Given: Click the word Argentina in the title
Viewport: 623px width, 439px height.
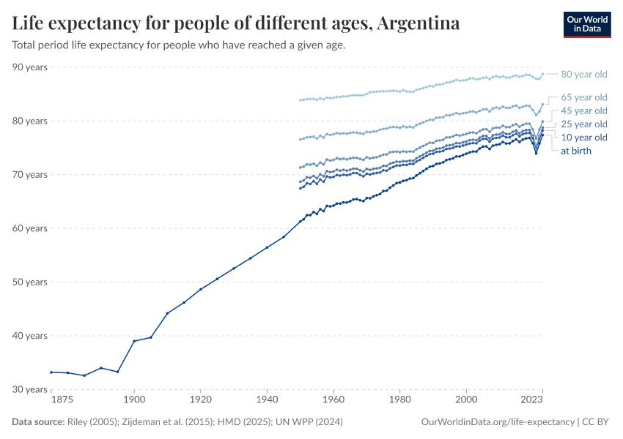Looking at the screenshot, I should [x=419, y=23].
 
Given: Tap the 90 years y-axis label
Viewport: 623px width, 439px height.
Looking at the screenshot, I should [x=30, y=67].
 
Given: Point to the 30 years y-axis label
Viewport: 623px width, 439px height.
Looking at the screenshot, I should [x=30, y=389].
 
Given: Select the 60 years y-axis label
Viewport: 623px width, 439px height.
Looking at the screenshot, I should [x=30, y=228].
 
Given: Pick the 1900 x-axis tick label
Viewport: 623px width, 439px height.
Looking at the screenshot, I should [x=134, y=401].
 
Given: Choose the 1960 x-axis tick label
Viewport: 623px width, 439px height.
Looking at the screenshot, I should [x=333, y=401].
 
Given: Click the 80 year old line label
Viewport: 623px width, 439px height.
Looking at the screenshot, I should [x=583, y=74].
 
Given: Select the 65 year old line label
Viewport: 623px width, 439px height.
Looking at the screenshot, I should [x=583, y=97].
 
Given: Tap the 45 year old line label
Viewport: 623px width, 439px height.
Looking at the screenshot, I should [x=583, y=110].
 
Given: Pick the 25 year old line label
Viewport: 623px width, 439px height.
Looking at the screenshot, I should [x=583, y=124].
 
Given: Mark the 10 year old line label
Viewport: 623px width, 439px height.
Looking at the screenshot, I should [x=583, y=138].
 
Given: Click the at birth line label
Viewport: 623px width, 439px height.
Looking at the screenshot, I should [x=575, y=151].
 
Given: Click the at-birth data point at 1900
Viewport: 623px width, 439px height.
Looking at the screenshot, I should [x=134, y=341].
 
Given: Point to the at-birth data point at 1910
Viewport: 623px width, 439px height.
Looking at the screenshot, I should [x=167, y=313].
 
